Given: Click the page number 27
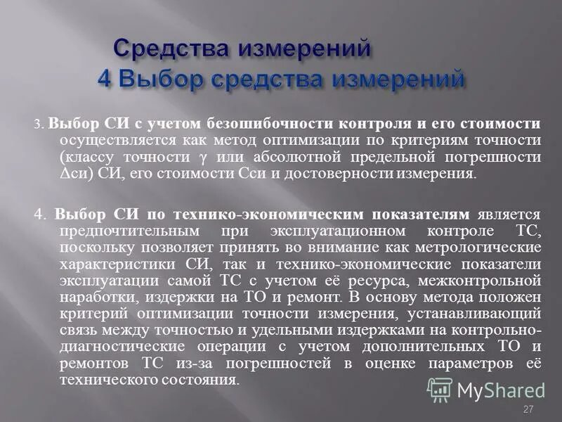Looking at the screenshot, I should coord(529,409).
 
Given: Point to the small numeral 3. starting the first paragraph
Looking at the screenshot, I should coord(39,124).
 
